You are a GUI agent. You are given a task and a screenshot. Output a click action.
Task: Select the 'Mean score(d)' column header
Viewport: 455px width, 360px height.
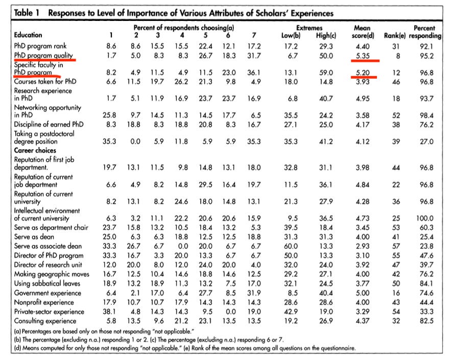click(x=365, y=32)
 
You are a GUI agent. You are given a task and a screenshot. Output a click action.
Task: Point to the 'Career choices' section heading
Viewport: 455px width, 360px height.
click(x=35, y=151)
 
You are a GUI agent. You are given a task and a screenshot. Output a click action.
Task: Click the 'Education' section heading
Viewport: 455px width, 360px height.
click(x=28, y=35)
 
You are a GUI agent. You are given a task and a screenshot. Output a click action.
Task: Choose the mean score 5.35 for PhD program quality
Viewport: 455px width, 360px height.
click(x=364, y=55)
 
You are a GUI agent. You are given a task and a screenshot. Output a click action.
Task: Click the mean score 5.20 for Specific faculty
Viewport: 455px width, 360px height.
click(x=364, y=73)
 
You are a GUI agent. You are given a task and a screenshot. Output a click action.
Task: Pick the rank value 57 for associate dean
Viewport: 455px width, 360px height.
click(x=396, y=246)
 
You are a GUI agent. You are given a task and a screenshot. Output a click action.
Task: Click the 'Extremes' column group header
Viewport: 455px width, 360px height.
click(x=309, y=28)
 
